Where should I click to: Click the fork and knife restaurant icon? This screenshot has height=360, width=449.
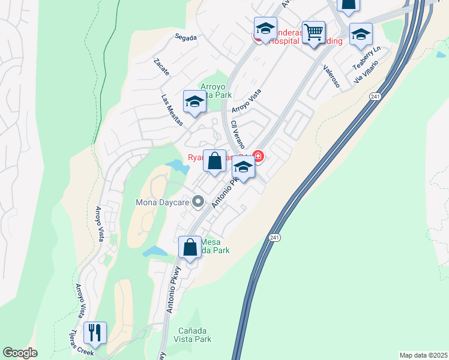click(x=95, y=332)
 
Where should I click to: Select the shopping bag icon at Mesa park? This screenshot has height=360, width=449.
click(x=190, y=247)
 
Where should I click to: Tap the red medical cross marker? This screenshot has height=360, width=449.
click(x=259, y=157)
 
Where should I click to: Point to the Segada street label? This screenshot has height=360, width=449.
click(x=185, y=37)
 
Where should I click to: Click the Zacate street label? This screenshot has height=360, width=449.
click(x=161, y=67)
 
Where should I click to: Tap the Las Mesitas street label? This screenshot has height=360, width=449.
click(x=172, y=106)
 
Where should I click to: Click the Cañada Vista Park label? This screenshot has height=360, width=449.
click(x=196, y=335)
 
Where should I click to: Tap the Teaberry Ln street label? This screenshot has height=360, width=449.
click(x=367, y=57)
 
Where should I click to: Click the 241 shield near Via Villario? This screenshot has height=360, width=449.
click(x=376, y=96)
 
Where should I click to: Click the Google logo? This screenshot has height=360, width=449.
click(x=20, y=353)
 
